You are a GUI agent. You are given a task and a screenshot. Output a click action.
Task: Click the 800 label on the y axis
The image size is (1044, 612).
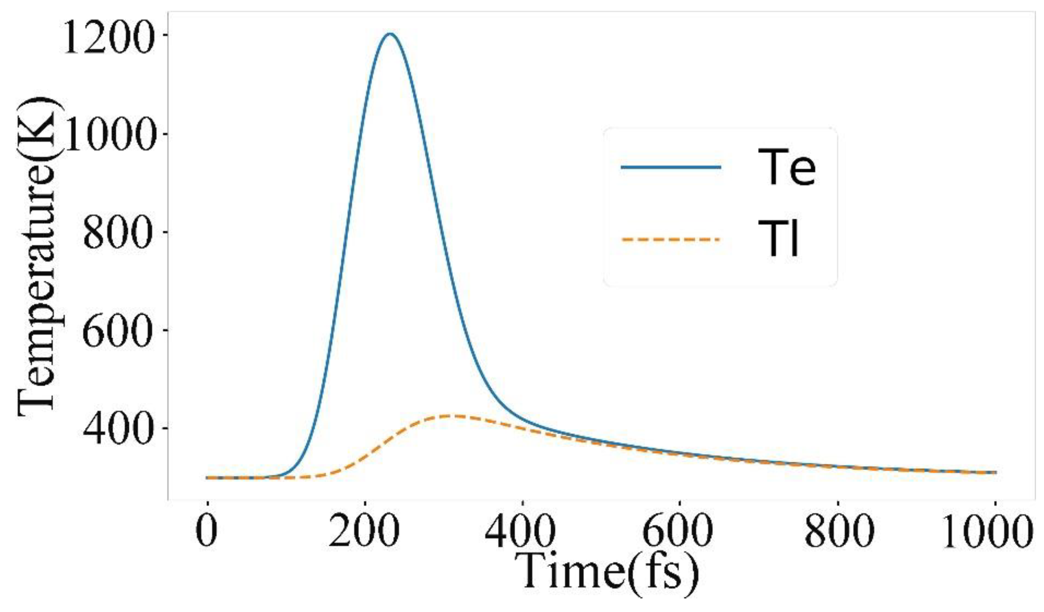(116, 233)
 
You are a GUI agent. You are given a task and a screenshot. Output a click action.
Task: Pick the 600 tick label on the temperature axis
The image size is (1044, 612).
(116, 331)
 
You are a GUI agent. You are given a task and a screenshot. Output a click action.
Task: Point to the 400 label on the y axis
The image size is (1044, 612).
(116, 429)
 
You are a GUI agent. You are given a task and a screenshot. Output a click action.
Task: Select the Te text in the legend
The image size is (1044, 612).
(786, 167)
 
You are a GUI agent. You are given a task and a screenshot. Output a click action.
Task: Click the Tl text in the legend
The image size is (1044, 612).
(778, 239)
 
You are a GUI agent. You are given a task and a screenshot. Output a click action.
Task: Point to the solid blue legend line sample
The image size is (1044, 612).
(671, 167)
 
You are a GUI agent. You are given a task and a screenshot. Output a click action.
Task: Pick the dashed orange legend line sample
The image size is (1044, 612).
(671, 239)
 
